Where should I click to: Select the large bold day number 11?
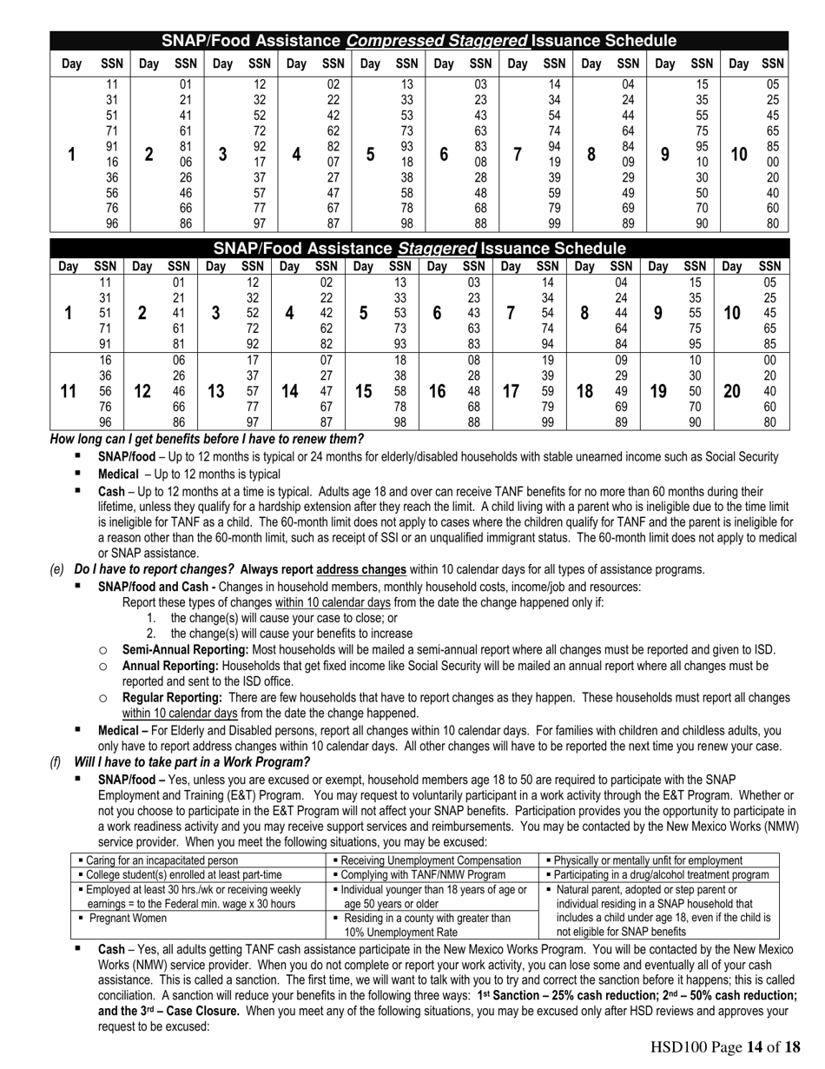click(68, 391)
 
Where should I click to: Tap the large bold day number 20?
click(732, 391)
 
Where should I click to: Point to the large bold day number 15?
click(363, 391)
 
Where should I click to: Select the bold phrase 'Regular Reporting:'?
click(173, 698)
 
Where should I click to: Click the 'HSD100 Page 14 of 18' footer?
click(724, 1047)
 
